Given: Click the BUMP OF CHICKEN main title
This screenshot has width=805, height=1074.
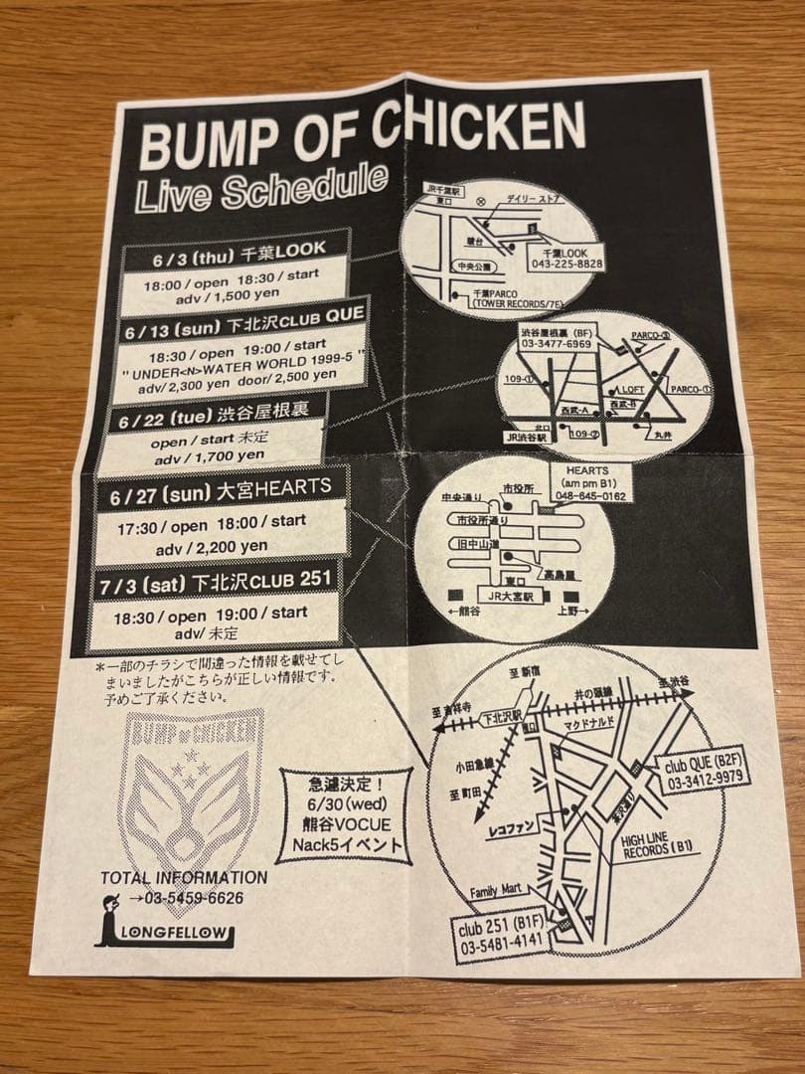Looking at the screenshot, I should pos(362,137).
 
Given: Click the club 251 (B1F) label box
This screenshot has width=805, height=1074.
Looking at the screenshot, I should pos(502,941).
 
